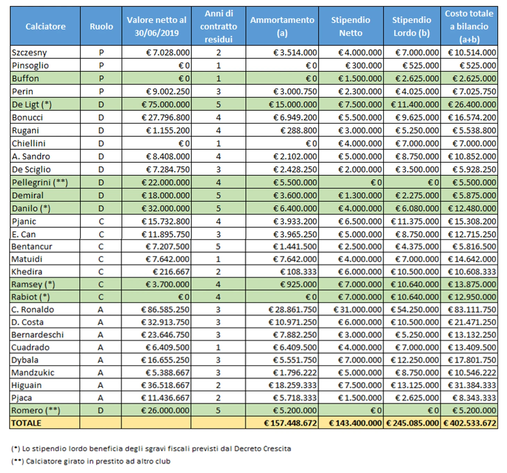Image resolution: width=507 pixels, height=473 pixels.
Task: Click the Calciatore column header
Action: [x=45, y=26]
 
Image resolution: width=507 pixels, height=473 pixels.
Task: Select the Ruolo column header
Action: [x=101, y=26]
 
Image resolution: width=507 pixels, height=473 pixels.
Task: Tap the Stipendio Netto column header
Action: [x=350, y=26]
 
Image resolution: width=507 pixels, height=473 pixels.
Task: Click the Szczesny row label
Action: [x=30, y=52]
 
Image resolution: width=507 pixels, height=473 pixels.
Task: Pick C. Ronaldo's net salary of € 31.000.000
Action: [x=357, y=309]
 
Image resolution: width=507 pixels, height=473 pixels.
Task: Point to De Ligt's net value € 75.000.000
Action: [x=165, y=105]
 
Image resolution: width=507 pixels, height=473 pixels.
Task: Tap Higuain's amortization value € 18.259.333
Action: [x=292, y=385]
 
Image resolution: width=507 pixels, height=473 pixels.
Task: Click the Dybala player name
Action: [x=25, y=360]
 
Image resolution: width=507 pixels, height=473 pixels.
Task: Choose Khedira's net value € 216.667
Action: [x=171, y=272]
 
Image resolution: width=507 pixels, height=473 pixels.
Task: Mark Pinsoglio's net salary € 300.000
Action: [x=364, y=66]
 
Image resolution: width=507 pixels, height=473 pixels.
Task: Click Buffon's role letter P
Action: [x=101, y=79]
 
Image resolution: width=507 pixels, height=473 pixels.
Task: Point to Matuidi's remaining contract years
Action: [x=218, y=259]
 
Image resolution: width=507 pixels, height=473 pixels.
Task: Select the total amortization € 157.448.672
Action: [x=290, y=423]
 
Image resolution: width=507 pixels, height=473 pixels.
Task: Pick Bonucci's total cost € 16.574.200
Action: [x=472, y=117]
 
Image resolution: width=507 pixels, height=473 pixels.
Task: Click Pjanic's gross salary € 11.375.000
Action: [x=415, y=221]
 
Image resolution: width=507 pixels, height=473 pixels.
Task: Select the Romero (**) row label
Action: [x=36, y=410]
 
